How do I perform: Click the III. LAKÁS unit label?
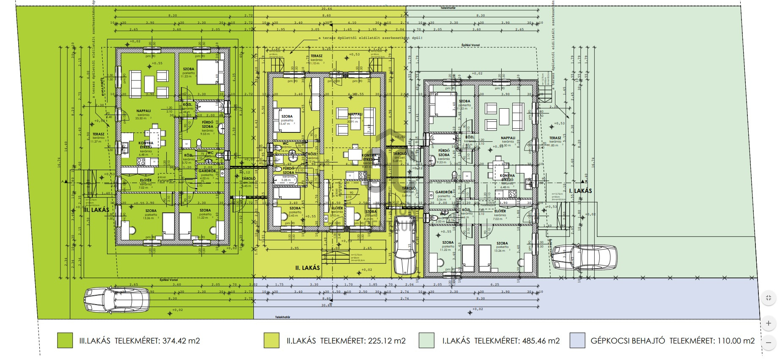[96, 210]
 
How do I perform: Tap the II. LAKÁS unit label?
[307, 268]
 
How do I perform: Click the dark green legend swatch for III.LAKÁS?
[65, 341]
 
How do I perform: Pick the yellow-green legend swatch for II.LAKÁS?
[271, 341]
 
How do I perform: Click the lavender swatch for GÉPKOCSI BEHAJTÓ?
[577, 341]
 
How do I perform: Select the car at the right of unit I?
[584, 256]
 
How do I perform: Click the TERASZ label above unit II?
[316, 56]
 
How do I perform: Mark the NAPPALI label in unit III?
[144, 111]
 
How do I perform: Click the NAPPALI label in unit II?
[355, 114]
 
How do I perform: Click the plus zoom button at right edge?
[769, 323]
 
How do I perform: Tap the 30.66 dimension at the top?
[326, 8]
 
